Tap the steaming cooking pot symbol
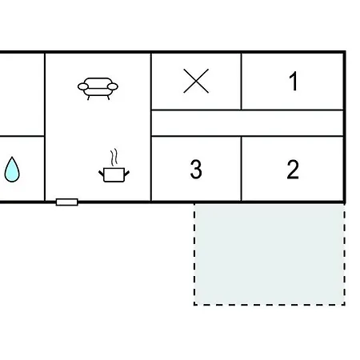[114, 166]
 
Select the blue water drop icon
[12, 170]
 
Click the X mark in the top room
[196, 81]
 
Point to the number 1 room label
[294, 81]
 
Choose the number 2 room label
[293, 169]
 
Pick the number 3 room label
[196, 169]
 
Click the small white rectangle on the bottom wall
[67, 202]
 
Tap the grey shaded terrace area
[270, 254]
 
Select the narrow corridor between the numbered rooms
[247, 123]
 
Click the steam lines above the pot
[114, 158]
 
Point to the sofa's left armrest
[83, 86]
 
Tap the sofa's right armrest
[113, 86]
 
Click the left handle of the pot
[101, 174]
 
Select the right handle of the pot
[127, 174]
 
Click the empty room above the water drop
[22, 94]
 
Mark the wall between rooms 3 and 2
[242, 169]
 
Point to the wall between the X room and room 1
[242, 82]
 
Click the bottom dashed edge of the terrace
[270, 304]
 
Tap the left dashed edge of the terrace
[194, 254]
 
